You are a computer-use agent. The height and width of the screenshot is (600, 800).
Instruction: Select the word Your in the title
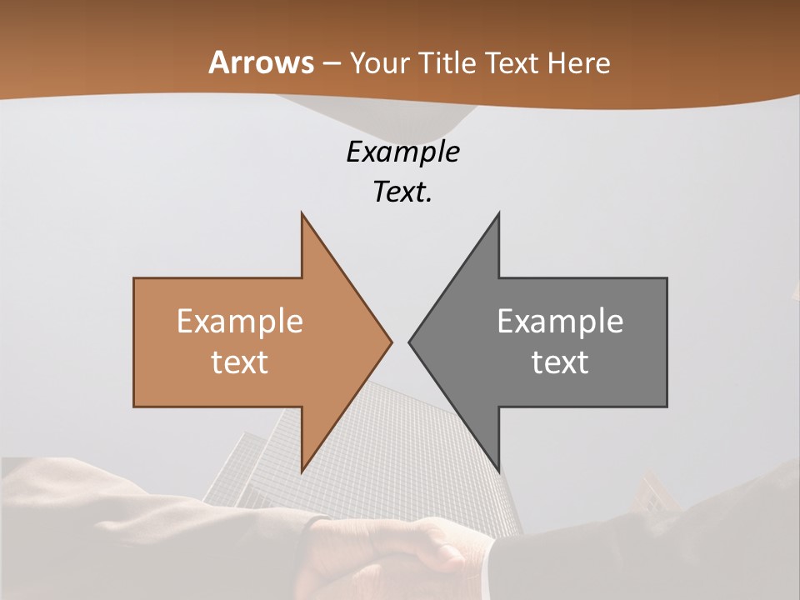(x=378, y=62)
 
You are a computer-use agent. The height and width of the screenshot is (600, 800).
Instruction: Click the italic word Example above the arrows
(x=402, y=152)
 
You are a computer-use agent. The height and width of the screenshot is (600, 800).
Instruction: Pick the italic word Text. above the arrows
(x=402, y=192)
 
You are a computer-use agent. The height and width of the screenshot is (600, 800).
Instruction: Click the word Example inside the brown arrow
(x=240, y=322)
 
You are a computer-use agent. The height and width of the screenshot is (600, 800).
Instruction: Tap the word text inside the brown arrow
(x=240, y=362)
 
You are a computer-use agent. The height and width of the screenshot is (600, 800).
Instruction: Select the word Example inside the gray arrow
(x=560, y=322)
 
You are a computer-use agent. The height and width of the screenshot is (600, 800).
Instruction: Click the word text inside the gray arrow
(x=560, y=362)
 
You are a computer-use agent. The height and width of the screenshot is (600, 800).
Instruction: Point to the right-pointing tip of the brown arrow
(x=390, y=342)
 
